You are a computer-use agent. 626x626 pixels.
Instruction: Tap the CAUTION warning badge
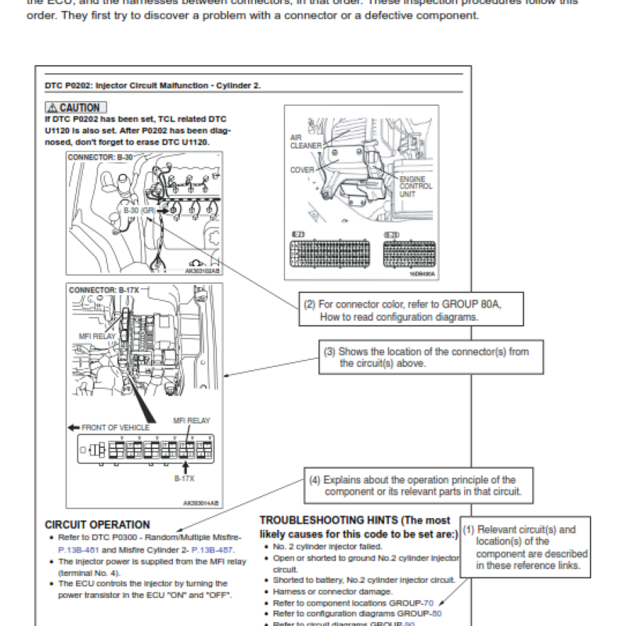click(x=75, y=106)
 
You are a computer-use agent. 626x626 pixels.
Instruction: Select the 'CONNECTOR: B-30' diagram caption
click(x=100, y=156)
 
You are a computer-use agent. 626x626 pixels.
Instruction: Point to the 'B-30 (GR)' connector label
click(x=138, y=210)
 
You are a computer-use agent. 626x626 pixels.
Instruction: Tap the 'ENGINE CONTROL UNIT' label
click(x=416, y=186)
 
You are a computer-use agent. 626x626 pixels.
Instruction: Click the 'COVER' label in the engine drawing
click(x=302, y=170)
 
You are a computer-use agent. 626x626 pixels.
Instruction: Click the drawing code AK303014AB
click(x=201, y=503)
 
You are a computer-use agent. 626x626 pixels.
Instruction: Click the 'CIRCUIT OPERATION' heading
click(x=97, y=525)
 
